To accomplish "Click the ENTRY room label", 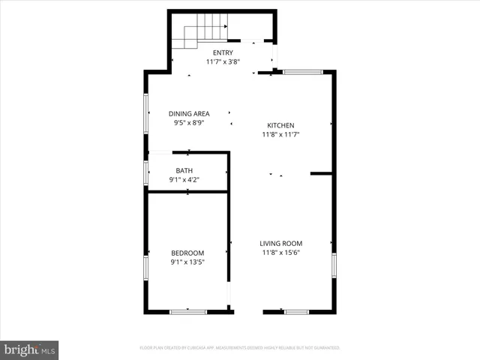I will click(x=223, y=52).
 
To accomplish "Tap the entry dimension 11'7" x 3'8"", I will click(x=223, y=61).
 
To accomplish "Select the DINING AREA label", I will click(x=188, y=113).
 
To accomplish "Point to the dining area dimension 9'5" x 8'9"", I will click(x=188, y=122).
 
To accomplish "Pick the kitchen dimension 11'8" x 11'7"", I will click(x=281, y=135).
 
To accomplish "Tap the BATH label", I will click(x=184, y=170).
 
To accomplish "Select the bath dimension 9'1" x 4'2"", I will click(x=184, y=180).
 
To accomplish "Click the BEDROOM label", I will click(x=187, y=253).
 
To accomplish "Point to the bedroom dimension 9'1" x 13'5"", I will click(x=187, y=262).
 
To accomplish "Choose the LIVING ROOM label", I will click(x=281, y=243).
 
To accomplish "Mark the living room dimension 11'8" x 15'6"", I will click(x=281, y=253).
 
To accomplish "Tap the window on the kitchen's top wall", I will click(x=302, y=72).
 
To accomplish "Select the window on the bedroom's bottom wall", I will click(x=187, y=311).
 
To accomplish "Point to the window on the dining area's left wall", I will click(x=145, y=113).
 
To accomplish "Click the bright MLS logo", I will click(x=29, y=349).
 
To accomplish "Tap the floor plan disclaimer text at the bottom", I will click(x=240, y=348).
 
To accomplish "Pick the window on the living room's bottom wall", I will click(x=296, y=311).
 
